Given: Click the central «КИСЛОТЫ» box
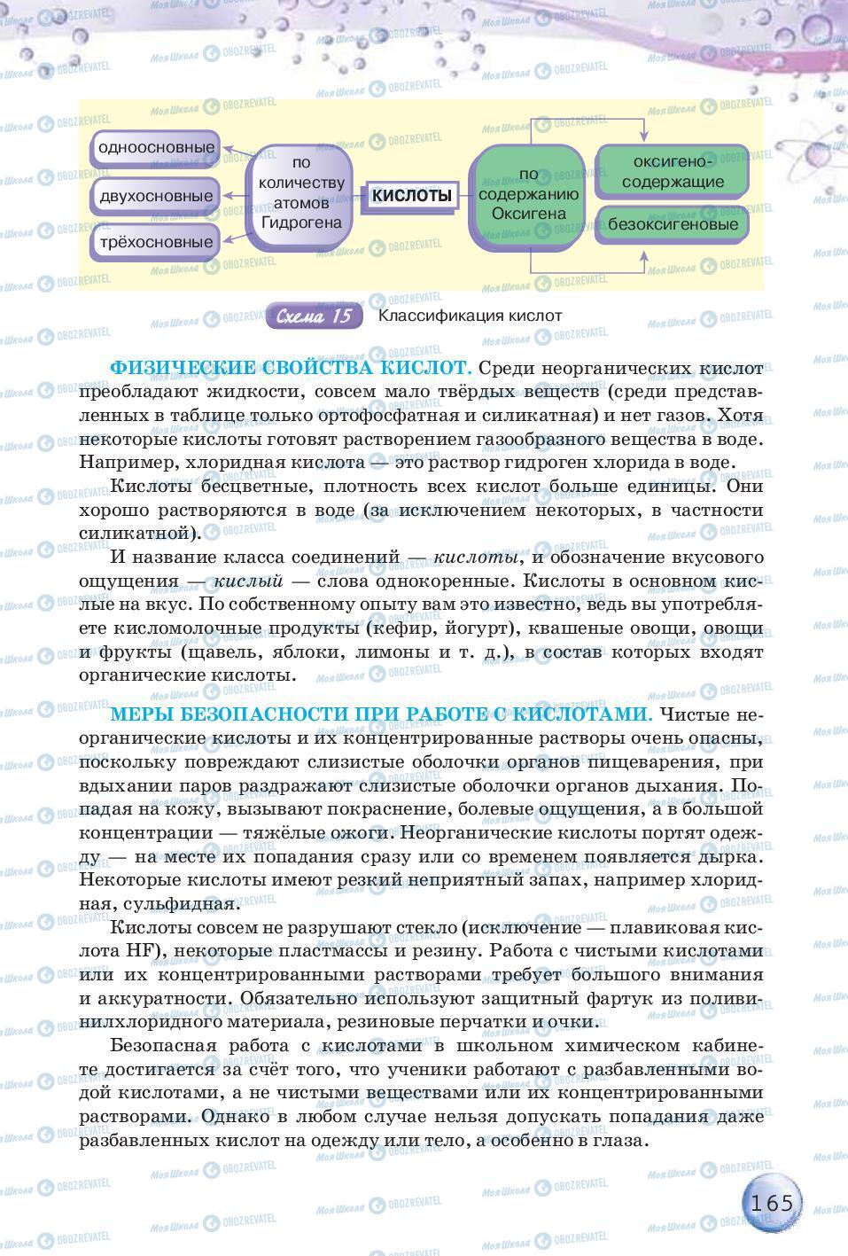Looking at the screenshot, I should coord(411,195).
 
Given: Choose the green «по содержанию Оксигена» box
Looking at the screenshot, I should coord(528,195).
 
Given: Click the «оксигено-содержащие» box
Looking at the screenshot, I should coord(673,172).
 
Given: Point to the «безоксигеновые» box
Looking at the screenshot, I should coord(673,224).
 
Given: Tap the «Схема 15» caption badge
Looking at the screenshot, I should coord(315,316).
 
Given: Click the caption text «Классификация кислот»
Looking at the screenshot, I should coord(470,316).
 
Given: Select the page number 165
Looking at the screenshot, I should coord(770,1204).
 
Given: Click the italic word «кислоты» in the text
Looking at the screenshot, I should coord(476,558).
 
